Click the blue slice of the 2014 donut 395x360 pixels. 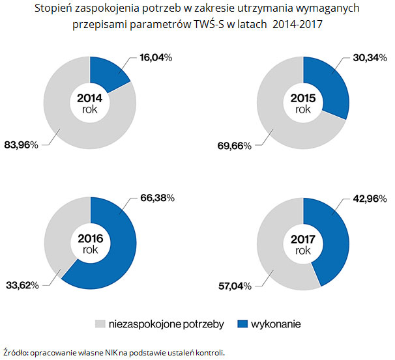click(x=110, y=73)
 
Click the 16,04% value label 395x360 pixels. click(x=155, y=57)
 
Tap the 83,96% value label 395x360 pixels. click(x=22, y=145)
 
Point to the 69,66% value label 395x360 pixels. click(x=234, y=145)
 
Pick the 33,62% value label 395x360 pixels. click(x=22, y=284)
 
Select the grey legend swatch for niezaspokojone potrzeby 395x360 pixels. click(x=100, y=324)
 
